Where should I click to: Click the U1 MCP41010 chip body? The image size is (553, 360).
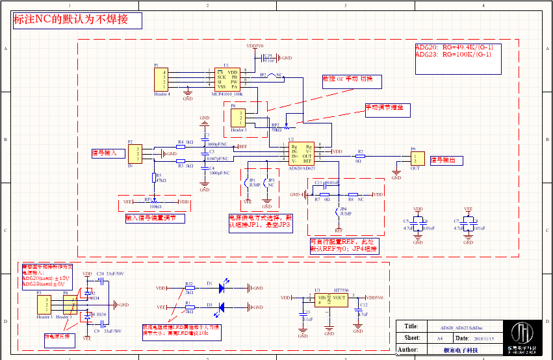click(227, 79)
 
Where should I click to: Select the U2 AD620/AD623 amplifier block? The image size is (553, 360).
click(302, 154)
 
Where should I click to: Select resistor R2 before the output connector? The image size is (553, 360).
click(359, 156)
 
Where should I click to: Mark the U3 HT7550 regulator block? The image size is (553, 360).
click(330, 300)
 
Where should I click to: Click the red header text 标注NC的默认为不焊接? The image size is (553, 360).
click(77, 20)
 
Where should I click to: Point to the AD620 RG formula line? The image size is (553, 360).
click(454, 47)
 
